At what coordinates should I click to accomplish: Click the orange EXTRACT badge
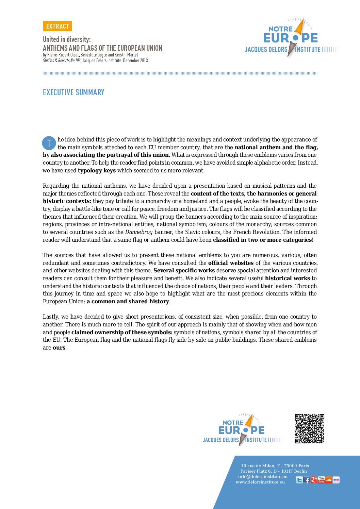(x=58, y=26)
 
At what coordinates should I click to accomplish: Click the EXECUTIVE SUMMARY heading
(x=73, y=92)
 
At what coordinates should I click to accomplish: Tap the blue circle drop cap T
(x=49, y=143)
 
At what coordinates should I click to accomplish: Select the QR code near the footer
(x=309, y=428)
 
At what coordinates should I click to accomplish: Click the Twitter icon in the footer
(x=299, y=480)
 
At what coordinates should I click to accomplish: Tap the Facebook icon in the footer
(x=307, y=480)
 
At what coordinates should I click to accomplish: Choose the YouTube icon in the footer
(x=321, y=480)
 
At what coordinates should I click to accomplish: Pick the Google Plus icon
(x=314, y=480)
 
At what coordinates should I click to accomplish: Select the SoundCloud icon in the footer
(x=328, y=480)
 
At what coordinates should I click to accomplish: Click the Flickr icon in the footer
(x=336, y=480)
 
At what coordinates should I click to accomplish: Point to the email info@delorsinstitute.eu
(x=263, y=476)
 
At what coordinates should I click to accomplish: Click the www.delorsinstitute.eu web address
(x=260, y=482)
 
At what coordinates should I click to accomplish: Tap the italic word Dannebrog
(x=139, y=232)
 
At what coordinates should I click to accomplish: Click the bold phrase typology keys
(x=97, y=170)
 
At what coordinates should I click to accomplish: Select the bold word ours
(x=59, y=347)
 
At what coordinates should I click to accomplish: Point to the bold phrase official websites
(x=231, y=263)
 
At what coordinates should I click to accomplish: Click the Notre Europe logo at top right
(x=291, y=37)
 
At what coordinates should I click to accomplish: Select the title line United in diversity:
(x=67, y=39)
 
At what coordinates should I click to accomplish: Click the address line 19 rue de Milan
(x=275, y=465)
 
